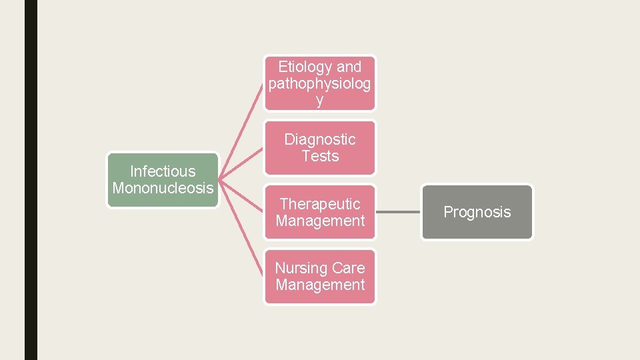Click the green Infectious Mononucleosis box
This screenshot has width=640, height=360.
pos(163,180)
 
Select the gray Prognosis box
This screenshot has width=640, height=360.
pos(477,212)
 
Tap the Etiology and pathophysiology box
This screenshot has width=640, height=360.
pos(320,83)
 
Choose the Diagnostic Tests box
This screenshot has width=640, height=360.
pos(320,147)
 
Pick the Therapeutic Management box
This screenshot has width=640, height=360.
pos(320,212)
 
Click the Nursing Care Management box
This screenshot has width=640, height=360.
pos(320,277)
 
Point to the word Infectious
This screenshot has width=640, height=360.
pos(163,171)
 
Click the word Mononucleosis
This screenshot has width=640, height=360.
pos(163,188)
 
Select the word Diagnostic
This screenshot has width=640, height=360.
pos(320,139)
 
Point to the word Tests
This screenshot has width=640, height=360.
pos(320,156)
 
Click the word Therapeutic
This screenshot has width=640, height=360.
pos(320,204)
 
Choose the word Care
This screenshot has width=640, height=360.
pos(349,268)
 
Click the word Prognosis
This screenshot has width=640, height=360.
pos(477,212)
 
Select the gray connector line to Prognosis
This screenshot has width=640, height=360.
pos(399,212)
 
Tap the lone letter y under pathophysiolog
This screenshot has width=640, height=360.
pos(320,101)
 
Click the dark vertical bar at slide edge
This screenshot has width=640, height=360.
pos(31,180)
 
